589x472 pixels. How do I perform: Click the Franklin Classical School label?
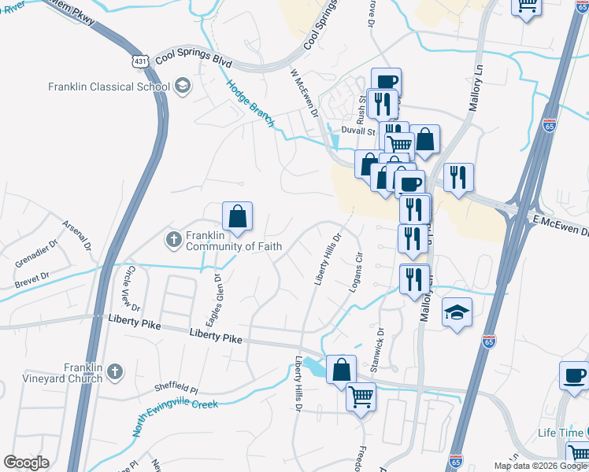coord(109,87)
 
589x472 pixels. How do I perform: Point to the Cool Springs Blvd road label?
coord(194,57)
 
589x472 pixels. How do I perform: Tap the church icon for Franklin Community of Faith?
coord(176,238)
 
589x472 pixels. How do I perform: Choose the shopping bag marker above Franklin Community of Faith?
coord(237,216)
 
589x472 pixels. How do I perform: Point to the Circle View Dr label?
coord(131,288)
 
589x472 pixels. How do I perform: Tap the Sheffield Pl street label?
coord(176,387)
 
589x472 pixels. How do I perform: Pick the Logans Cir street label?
coord(355,271)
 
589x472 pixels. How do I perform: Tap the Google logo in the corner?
coord(26,463)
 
